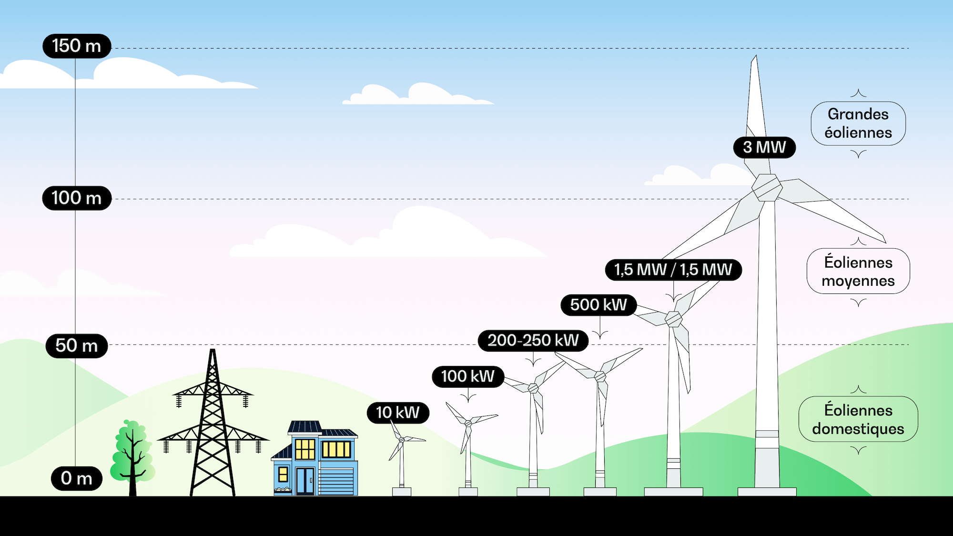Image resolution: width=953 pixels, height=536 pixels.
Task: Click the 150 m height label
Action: click(x=77, y=46)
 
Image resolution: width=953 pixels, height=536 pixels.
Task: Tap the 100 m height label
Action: click(x=77, y=198)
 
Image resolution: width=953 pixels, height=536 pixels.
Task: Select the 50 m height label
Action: click(x=77, y=345)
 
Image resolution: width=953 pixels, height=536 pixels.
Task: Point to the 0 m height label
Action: click(x=77, y=478)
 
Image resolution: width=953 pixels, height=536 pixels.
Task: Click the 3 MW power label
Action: click(x=764, y=147)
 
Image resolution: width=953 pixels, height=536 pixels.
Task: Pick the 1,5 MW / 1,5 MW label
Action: click(x=673, y=270)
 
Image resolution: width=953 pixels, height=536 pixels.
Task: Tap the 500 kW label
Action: click(x=598, y=305)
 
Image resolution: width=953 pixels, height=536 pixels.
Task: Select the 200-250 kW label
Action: click(x=533, y=340)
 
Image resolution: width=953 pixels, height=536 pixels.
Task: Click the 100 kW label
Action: click(x=468, y=376)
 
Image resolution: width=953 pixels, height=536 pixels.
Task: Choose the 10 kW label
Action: click(x=398, y=413)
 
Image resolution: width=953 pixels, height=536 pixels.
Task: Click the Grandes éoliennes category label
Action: click(x=858, y=123)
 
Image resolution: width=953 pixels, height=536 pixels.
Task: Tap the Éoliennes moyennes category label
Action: click(x=858, y=272)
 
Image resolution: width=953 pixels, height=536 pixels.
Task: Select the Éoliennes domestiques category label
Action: click(x=858, y=419)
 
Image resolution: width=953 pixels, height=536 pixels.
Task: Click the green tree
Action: click(x=132, y=457)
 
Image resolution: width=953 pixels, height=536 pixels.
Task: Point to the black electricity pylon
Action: click(x=213, y=423)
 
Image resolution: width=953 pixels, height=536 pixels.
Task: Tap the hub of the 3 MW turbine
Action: click(x=767, y=188)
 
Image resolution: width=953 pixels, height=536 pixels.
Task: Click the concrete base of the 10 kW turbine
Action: click(x=402, y=492)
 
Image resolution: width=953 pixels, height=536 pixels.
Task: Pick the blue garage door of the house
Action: click(x=336, y=482)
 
